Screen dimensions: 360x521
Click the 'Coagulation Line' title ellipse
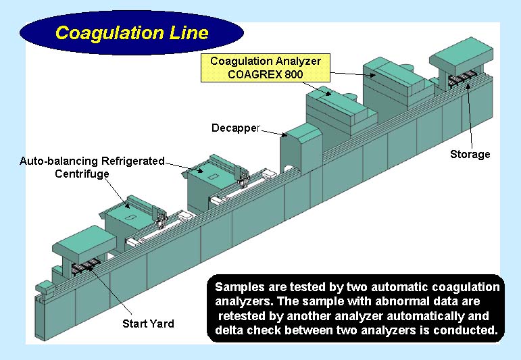pos(131,32)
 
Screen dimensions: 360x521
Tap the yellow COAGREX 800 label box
pos(265,68)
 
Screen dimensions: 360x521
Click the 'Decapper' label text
pos(235,128)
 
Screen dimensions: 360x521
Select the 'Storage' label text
pos(470,155)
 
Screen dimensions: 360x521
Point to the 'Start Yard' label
pos(148,324)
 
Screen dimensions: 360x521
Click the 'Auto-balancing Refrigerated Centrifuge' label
pos(92,168)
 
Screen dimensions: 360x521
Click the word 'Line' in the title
pos(189,32)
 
